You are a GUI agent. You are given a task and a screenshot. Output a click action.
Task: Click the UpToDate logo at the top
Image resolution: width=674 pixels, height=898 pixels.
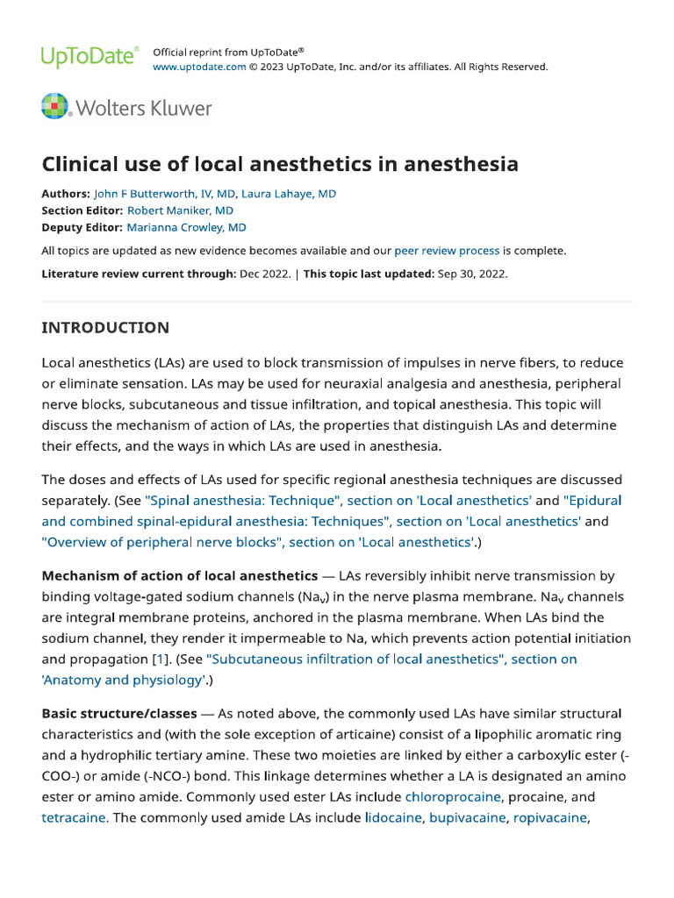90,57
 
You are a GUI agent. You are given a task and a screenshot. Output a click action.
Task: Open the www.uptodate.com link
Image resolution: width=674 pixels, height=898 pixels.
199,67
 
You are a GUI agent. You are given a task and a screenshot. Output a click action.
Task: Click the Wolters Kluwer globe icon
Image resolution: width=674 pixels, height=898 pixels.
55,108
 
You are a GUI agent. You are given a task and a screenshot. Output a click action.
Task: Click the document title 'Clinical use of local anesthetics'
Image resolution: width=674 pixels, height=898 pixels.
280,164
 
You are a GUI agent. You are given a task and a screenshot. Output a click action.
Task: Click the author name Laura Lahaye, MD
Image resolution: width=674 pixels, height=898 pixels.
289,194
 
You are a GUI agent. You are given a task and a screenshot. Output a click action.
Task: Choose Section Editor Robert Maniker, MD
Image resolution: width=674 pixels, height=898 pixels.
180,210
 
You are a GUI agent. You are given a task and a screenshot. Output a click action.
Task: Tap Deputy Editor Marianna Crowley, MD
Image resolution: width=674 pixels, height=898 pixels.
187,227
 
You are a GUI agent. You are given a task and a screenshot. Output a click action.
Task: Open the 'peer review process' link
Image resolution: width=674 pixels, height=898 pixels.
447,251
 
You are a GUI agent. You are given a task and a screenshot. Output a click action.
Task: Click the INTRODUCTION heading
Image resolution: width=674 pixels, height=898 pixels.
105,328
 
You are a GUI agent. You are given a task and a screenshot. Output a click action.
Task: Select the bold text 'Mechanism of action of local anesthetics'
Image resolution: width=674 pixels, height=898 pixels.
180,576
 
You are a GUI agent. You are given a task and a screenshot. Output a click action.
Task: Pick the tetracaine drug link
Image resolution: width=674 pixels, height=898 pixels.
74,817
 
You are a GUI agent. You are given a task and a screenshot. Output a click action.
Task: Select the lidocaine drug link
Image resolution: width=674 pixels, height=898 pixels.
393,817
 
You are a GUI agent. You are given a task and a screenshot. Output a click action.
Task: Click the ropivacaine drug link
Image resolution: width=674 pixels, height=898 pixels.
549,817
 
